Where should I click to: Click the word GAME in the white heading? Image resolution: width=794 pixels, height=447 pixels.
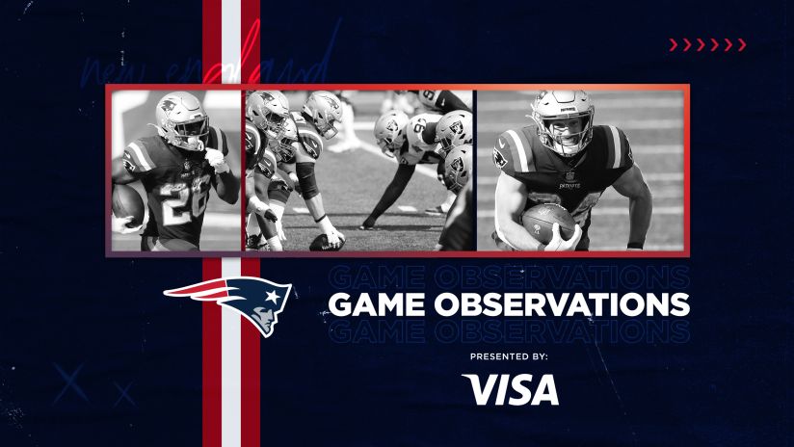coord(379,304)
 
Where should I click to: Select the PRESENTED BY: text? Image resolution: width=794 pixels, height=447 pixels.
coord(509,356)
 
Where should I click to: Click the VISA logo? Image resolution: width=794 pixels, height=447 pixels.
coord(510,389)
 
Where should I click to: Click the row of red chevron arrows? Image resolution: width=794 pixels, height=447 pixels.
coord(707,44)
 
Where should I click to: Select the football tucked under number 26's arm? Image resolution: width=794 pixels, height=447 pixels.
coord(128,203)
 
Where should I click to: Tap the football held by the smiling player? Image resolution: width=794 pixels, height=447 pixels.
coord(549,224)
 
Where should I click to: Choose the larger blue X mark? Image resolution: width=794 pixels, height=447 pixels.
coord(70,384)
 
